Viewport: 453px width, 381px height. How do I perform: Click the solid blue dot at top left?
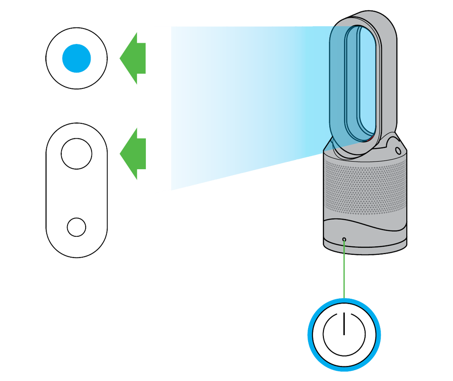point(77,58)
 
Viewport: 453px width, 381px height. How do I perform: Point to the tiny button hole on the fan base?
point(345,239)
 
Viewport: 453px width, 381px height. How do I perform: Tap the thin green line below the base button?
point(345,247)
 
